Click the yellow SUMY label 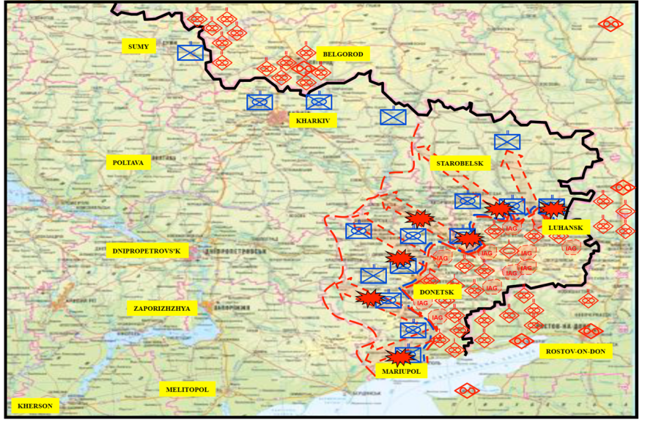[139, 46]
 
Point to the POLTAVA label [128, 162]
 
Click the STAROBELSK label [460, 163]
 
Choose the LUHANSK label [565, 227]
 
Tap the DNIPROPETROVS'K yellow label [147, 250]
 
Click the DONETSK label [437, 291]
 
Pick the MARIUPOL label [400, 372]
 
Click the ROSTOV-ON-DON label [576, 351]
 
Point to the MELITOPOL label [188, 389]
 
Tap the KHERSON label [35, 404]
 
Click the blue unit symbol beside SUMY [191, 53]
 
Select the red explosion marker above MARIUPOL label [400, 357]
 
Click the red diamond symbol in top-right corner [610, 23]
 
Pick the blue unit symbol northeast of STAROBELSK [507, 141]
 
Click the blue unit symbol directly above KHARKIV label [319, 102]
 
